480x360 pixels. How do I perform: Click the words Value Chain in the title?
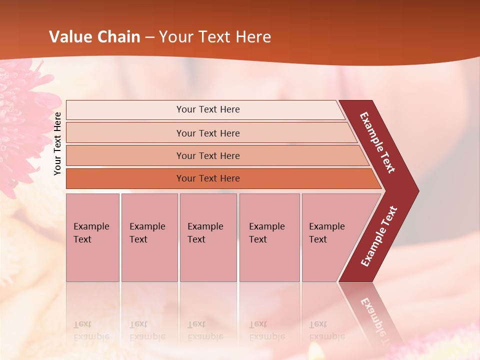click(94, 37)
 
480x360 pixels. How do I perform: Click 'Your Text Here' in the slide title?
click(215, 37)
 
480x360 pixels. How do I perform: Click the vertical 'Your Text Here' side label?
click(57, 143)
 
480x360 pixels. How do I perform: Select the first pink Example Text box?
click(92, 237)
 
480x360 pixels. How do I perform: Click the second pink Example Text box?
click(149, 237)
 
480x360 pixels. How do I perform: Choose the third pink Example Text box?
click(208, 237)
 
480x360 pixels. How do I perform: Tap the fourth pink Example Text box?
click(269, 237)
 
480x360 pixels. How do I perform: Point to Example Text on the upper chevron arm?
click(377, 142)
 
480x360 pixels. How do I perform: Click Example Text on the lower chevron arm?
click(379, 236)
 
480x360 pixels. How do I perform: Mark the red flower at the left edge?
click(22, 115)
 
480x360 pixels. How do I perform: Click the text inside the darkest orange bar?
click(208, 178)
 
